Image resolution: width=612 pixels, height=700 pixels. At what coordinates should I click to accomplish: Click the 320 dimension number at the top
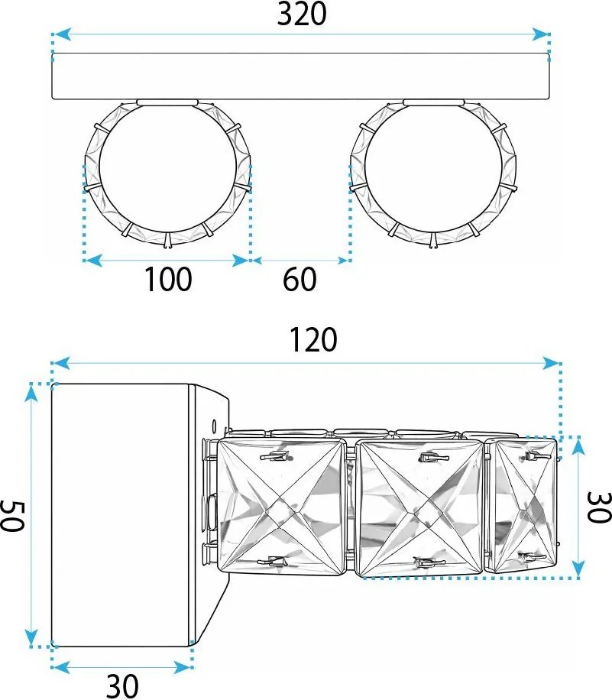click(301, 14)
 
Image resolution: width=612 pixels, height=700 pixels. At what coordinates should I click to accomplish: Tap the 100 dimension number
click(168, 280)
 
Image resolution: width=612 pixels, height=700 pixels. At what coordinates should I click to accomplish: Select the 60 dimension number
click(300, 280)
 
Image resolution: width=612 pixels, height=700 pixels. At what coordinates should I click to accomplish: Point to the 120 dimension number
click(312, 340)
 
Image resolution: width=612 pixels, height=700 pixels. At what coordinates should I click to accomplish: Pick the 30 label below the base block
click(121, 686)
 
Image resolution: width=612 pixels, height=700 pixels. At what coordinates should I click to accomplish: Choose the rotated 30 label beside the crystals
click(597, 507)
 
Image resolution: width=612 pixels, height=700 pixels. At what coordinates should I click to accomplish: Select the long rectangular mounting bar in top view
click(301, 76)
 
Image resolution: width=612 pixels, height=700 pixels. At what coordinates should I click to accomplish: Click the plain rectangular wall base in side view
click(121, 514)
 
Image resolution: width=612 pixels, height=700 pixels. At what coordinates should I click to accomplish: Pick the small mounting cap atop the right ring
click(433, 102)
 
